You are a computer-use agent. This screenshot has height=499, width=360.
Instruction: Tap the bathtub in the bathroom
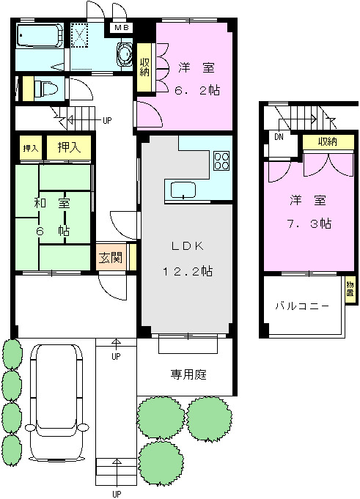click(x=40, y=35)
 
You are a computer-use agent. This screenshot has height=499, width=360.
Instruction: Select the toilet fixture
click(x=45, y=89)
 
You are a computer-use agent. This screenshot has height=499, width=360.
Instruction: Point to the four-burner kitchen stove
click(x=221, y=160)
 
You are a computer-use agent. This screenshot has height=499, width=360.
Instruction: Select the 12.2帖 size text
click(x=187, y=270)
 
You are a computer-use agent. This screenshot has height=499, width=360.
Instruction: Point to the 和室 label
click(x=51, y=204)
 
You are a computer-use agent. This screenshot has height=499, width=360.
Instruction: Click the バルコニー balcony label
click(x=301, y=306)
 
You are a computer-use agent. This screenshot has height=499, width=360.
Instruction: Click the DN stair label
click(x=279, y=136)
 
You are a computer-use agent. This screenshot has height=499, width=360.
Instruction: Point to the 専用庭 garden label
click(x=189, y=375)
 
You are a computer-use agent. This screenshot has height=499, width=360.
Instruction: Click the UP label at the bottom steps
click(x=116, y=493)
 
